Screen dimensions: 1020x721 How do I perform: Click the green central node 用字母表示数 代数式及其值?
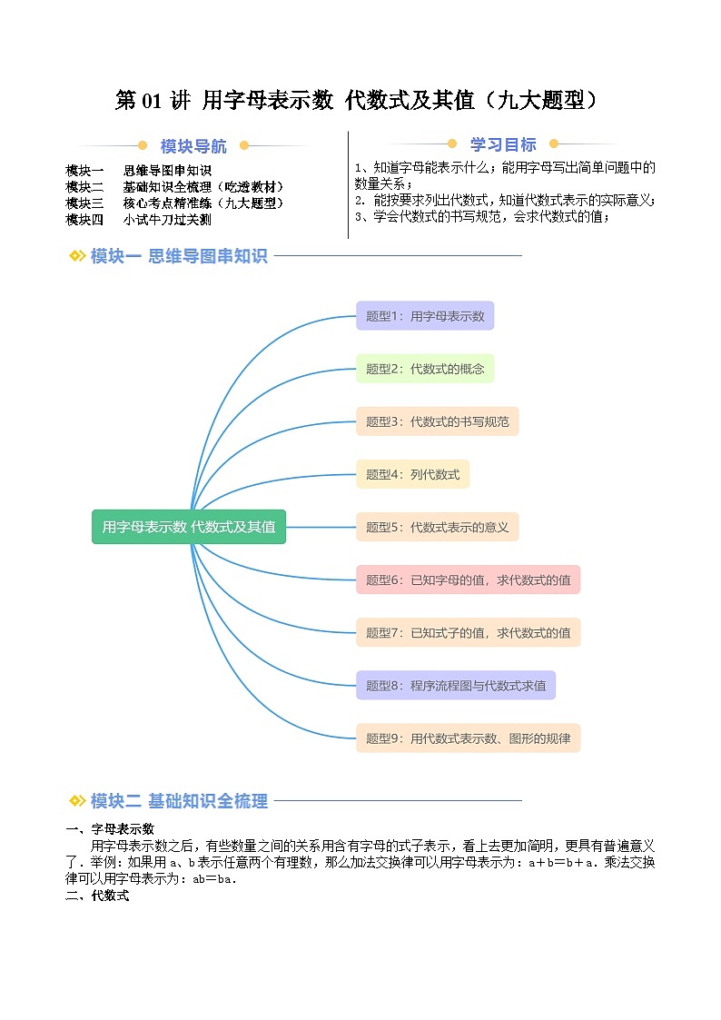189,527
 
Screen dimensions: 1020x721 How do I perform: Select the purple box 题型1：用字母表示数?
425,316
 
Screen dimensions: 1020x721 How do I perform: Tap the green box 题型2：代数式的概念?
425,369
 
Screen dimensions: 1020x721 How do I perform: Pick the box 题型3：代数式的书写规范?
437,421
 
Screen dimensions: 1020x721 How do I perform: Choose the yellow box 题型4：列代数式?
412,474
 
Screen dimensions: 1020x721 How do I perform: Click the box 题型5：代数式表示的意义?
437,527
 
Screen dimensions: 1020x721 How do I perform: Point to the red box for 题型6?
468,579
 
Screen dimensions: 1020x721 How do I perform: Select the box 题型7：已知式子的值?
468,632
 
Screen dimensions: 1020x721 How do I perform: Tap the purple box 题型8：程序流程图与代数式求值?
456,685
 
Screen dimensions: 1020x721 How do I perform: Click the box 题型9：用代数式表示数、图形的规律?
468,738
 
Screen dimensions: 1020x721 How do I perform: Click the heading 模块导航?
193,146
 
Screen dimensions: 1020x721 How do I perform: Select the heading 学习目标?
503,144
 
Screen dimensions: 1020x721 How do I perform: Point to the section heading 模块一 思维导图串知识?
179,256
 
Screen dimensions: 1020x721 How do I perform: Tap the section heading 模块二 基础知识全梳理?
179,801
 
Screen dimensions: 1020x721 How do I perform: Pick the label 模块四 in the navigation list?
85,220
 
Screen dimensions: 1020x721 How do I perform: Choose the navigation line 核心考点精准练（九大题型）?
204,203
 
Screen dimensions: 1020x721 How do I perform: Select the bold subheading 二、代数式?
98,896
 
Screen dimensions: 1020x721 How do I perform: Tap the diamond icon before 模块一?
77,256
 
